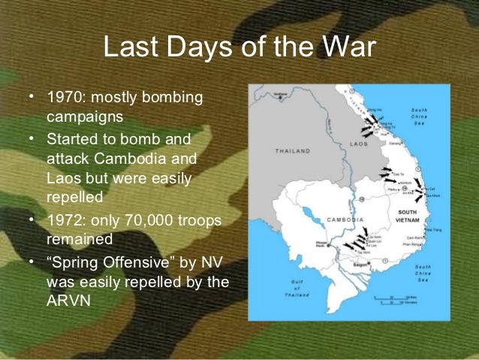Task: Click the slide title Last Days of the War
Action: coord(239,49)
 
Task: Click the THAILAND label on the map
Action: coord(294,151)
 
